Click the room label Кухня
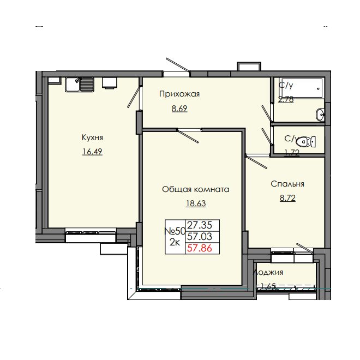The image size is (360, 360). (92, 137)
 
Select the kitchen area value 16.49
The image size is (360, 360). (92, 152)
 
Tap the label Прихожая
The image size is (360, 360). (179, 94)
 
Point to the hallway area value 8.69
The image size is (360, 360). (179, 108)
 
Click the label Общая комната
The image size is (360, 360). (195, 189)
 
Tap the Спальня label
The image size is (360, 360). (287, 184)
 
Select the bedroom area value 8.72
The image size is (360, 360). (288, 199)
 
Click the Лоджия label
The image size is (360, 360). (268, 272)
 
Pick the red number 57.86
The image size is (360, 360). (200, 248)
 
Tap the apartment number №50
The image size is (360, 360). (175, 231)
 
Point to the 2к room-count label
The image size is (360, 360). (175, 243)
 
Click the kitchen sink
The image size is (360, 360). (80, 85)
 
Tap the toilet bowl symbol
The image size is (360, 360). (309, 141)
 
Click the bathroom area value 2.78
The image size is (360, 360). (286, 99)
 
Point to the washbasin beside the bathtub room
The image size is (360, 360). (321, 114)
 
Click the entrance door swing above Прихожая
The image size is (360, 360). (177, 65)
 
